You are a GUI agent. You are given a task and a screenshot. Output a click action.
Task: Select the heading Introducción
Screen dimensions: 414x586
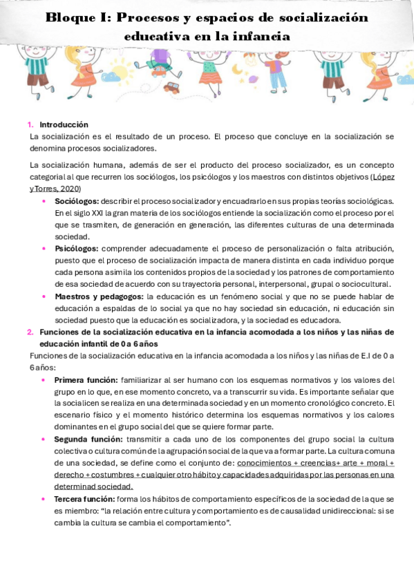(64, 125)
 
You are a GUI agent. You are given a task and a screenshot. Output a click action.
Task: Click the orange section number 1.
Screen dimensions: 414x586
(30, 125)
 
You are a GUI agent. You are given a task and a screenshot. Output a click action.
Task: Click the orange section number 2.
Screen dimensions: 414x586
(30, 332)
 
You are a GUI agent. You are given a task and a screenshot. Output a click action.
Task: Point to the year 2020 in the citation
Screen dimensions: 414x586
(70, 189)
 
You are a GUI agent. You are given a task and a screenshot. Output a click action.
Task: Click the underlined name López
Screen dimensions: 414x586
(383, 177)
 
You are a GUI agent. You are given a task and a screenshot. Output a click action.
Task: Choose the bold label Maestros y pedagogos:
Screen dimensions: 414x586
(99, 296)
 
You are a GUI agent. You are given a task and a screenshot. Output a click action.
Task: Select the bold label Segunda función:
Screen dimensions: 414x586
(88, 439)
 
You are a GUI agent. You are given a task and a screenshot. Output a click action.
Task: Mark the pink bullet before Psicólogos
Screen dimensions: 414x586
(45, 249)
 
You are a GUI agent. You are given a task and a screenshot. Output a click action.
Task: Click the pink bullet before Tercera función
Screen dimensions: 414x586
(45, 498)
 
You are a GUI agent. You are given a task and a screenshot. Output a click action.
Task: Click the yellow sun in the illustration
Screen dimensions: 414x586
(121, 70)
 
